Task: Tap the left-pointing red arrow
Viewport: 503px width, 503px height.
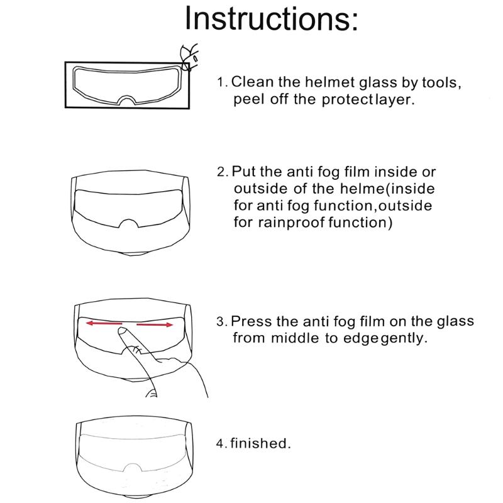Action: click(x=104, y=323)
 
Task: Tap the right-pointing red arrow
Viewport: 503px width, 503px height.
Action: click(x=155, y=325)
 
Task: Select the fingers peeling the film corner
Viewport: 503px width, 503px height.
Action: click(x=189, y=54)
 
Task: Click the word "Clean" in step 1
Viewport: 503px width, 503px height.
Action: click(x=252, y=82)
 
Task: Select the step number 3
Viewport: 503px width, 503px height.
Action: click(x=221, y=322)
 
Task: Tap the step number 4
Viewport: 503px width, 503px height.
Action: click(x=221, y=443)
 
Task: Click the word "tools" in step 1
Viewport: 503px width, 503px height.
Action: click(x=439, y=82)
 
